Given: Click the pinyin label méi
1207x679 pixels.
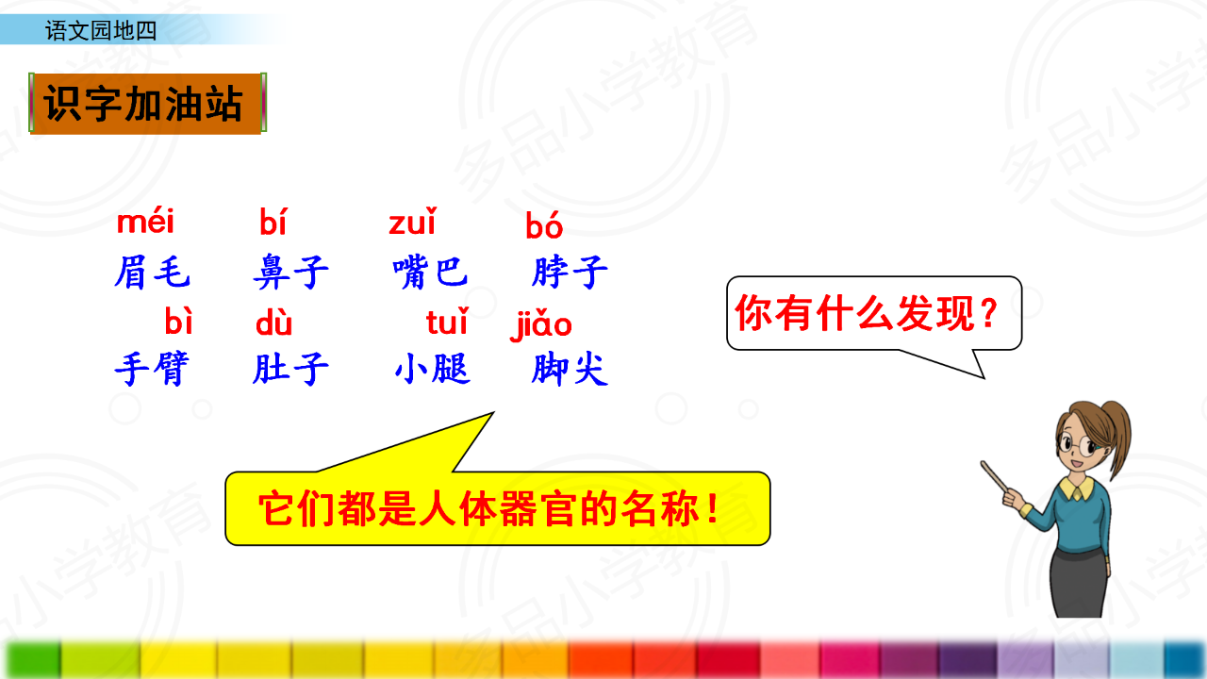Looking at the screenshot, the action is pyautogui.click(x=145, y=221).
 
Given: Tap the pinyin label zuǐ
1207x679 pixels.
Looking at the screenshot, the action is pyautogui.click(x=413, y=221).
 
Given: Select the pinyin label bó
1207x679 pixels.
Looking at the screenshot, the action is pyautogui.click(x=544, y=224).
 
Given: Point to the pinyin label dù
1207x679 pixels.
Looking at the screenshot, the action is pyautogui.click(x=273, y=323).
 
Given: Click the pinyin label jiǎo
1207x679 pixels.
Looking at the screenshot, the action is pyautogui.click(x=541, y=324).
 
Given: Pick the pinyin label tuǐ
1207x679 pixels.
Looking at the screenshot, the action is pyautogui.click(x=447, y=322).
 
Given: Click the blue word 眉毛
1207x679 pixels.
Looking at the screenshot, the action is pyautogui.click(x=152, y=273).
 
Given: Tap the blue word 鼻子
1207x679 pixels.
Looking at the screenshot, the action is pyautogui.click(x=291, y=273).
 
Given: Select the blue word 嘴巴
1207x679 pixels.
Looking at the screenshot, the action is pyautogui.click(x=430, y=273).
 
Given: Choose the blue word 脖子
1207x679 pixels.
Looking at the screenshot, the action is pyautogui.click(x=570, y=273).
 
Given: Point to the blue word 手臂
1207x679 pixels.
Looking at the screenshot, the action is pyautogui.click(x=152, y=369).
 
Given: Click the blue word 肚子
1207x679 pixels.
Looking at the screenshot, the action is pyautogui.click(x=291, y=369).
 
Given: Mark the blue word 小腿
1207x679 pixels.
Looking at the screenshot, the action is pyautogui.click(x=432, y=369).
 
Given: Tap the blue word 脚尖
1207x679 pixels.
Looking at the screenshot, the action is pyautogui.click(x=570, y=369).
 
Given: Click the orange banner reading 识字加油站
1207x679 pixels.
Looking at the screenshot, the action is pyautogui.click(x=148, y=103).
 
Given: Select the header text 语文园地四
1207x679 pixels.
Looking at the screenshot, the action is pyautogui.click(x=101, y=31).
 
